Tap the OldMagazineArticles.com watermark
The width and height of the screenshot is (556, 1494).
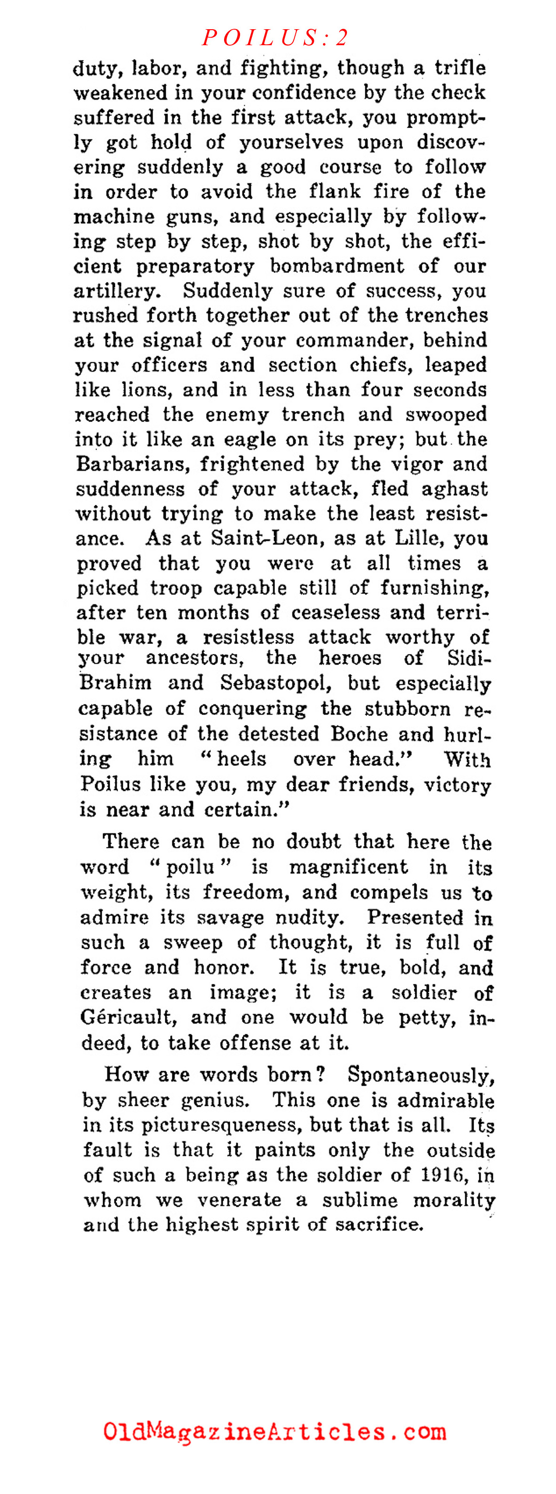275,1432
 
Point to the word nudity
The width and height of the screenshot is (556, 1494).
309,918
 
